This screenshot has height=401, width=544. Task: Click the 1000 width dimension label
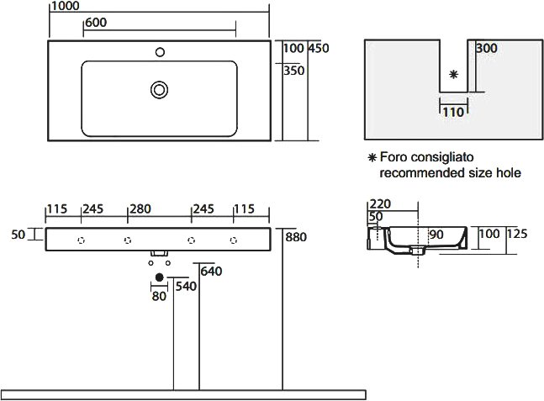pos(66,6)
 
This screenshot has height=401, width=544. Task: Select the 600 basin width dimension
pos(96,23)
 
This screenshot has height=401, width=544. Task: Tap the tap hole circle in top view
pos(160,52)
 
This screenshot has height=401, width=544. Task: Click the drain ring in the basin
pos(159,90)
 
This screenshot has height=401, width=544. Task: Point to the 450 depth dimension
pos(319,48)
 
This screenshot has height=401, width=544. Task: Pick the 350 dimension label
pos(293,71)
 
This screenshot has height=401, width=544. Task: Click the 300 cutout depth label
pos(487,48)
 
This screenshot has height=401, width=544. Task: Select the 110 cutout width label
pos(453,112)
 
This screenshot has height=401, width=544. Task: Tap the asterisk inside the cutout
pos(453,74)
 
